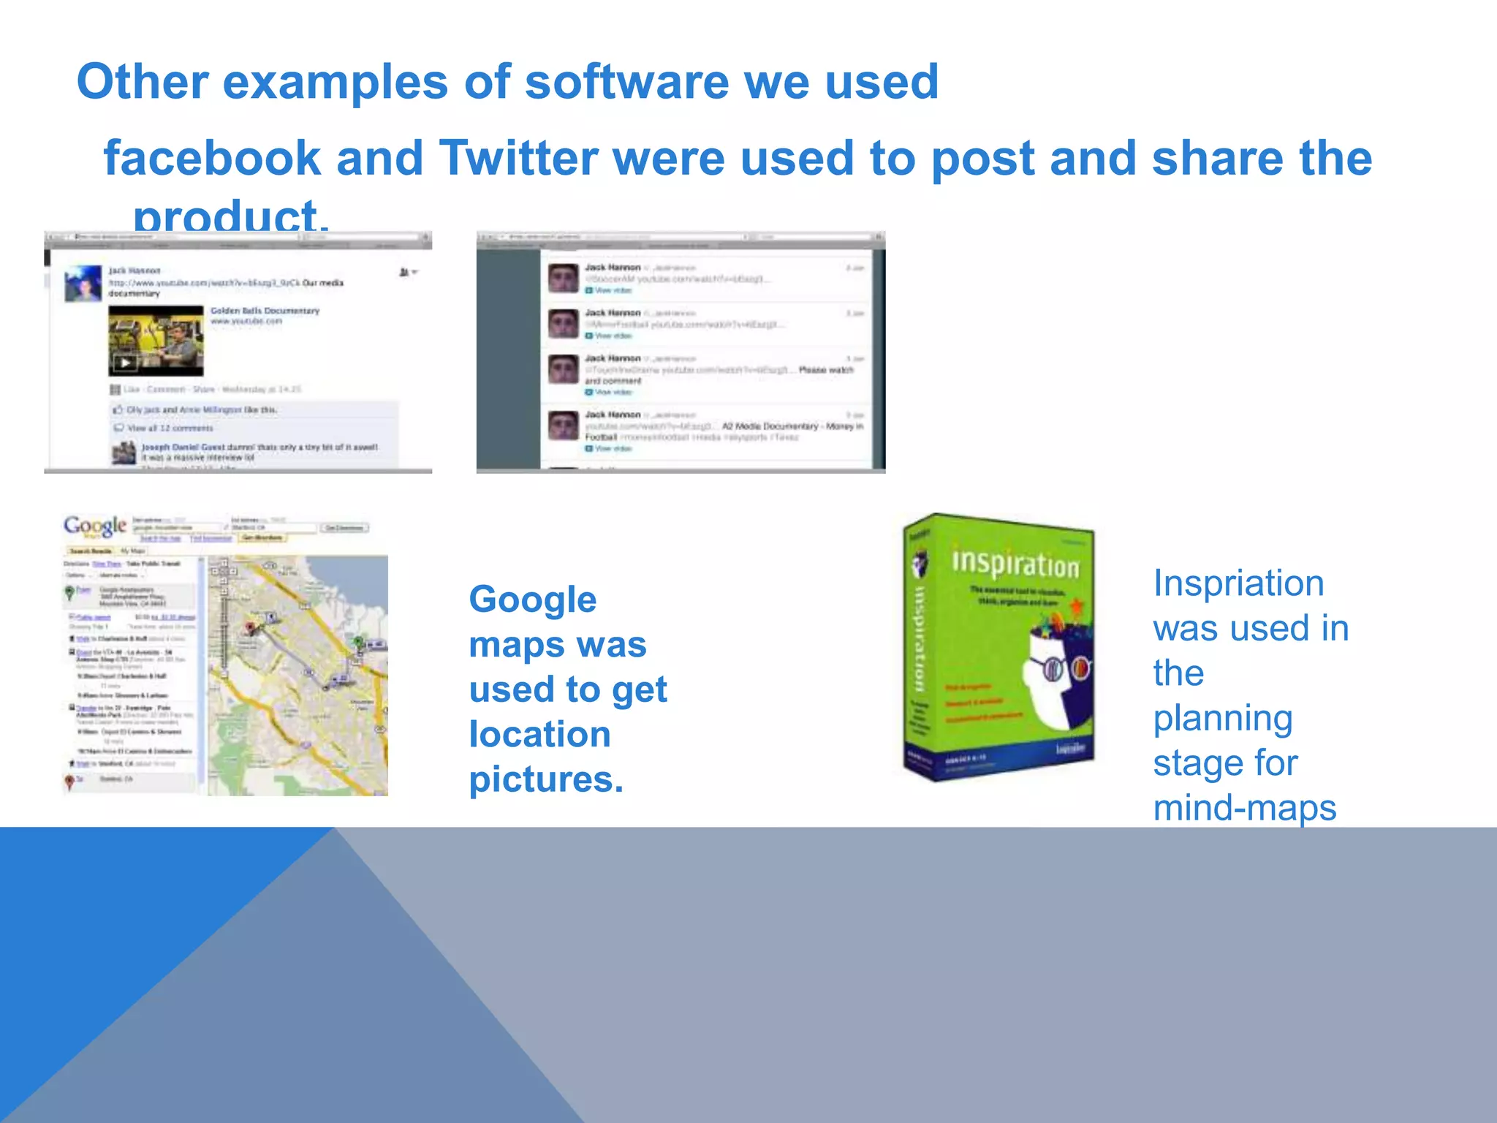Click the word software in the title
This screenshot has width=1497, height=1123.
point(626,82)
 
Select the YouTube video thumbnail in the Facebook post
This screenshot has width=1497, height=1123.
point(156,341)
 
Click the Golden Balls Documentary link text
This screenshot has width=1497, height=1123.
point(265,311)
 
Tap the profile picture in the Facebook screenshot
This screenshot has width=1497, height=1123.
point(83,284)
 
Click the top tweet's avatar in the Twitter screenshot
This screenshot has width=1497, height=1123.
point(564,279)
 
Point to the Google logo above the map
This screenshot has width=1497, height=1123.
point(94,526)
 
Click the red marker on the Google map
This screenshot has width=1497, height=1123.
point(249,627)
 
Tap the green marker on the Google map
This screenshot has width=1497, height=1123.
point(358,641)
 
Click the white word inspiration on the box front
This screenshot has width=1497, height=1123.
point(1015,564)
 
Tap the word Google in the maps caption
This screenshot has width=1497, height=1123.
point(532,600)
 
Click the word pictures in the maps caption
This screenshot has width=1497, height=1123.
point(545,779)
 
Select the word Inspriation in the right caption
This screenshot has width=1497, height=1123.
point(1238,584)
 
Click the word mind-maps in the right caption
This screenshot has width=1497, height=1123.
point(1244,809)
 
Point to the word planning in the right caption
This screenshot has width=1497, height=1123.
point(1222,719)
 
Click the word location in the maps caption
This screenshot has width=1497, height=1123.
point(539,735)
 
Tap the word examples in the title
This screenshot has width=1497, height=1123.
point(335,82)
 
